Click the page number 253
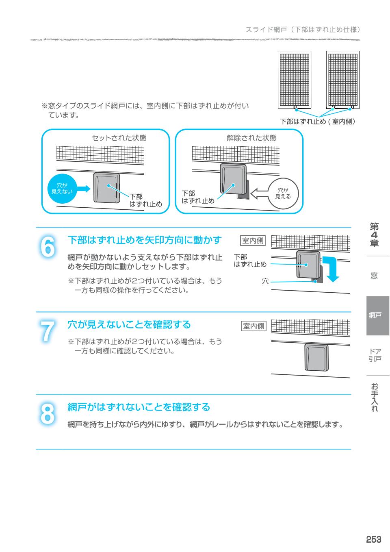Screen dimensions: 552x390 [373, 539]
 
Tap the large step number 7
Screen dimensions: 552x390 [48, 331]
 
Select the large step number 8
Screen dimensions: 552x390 [48, 414]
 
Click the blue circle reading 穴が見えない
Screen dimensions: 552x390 [62, 189]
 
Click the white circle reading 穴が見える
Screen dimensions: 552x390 [283, 193]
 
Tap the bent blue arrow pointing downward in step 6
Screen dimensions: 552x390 [333, 268]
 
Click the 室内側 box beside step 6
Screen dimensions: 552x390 [253, 241]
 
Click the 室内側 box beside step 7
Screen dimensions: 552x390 [253, 326]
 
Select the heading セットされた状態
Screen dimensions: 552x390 [119, 138]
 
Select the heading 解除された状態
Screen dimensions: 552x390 [251, 138]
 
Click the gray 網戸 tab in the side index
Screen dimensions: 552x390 [377, 315]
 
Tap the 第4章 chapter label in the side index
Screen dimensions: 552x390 [374, 235]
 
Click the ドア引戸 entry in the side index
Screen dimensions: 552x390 [375, 355]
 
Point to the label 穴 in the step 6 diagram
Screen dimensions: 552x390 [265, 281]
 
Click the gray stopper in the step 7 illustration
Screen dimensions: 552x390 [316, 358]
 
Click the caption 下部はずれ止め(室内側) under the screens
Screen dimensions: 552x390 [317, 121]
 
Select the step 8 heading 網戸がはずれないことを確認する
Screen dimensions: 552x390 [139, 407]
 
